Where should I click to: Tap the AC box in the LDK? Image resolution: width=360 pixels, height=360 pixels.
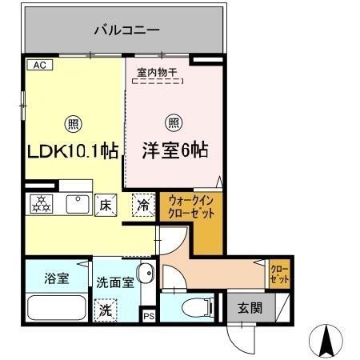(x=39, y=66)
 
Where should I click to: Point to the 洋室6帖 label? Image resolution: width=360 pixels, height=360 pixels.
(x=176, y=150)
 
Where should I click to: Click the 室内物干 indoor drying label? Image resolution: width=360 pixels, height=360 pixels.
(x=157, y=73)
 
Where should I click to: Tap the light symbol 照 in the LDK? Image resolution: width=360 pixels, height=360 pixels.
(x=73, y=123)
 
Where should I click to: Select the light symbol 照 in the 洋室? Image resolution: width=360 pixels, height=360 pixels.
(x=172, y=123)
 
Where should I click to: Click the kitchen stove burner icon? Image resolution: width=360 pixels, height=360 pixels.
(x=40, y=204)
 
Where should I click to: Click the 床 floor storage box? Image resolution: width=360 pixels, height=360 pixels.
(x=106, y=204)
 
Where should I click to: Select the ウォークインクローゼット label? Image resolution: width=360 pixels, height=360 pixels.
(x=190, y=210)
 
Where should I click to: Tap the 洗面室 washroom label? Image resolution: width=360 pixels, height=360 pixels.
(x=113, y=282)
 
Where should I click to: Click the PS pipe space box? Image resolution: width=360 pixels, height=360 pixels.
(x=148, y=316)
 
